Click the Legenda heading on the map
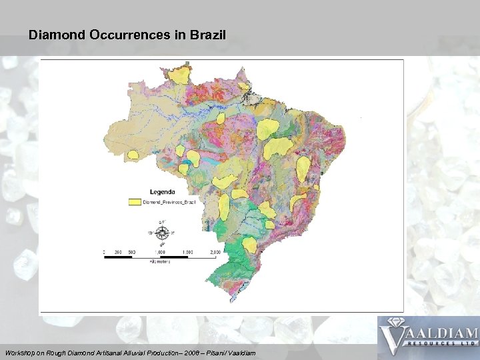[162, 191]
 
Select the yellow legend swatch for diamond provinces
[135, 201]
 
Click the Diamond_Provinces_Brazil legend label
[169, 201]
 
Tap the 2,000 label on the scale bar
[215, 252]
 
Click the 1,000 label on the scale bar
[160, 252]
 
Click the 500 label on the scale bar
[132, 252]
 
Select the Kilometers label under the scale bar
[160, 262]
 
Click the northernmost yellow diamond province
[179, 75]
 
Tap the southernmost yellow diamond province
[249, 245]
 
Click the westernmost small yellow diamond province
[133, 155]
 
